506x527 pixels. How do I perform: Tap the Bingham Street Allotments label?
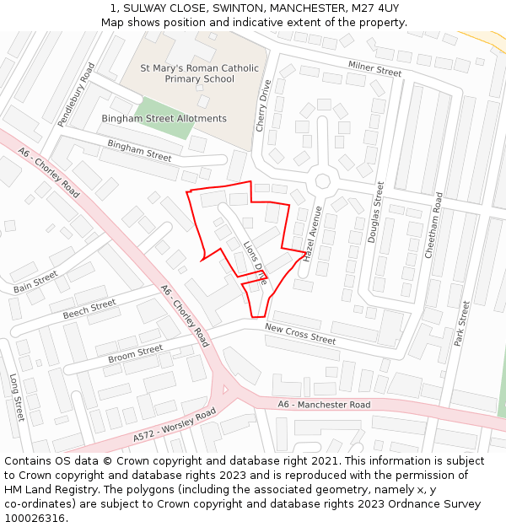(x=164, y=119)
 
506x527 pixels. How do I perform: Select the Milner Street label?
(x=374, y=68)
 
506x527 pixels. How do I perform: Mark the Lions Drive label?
(x=255, y=263)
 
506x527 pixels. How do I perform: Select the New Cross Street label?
(x=300, y=334)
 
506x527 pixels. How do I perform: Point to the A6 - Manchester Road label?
(x=324, y=405)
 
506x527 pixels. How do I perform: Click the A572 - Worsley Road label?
(x=175, y=426)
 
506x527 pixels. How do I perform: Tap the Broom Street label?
(x=135, y=354)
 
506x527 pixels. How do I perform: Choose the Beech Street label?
(x=89, y=309)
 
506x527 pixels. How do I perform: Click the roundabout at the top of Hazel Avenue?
(x=322, y=181)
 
